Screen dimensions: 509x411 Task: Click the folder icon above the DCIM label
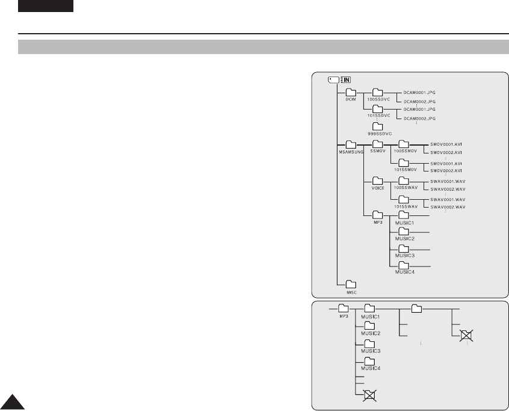coord(351,92)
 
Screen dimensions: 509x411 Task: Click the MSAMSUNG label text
coord(351,152)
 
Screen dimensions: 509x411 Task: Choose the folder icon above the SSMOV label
coord(377,144)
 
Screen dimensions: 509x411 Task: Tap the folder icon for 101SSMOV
coord(403,162)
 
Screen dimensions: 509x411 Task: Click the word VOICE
coord(377,188)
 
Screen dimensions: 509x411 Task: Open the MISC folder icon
coord(351,283)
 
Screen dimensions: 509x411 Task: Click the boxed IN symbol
coord(345,79)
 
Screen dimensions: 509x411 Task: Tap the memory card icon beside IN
coord(333,79)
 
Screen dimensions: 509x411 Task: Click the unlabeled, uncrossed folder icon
coord(416,309)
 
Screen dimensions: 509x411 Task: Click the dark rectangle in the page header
coord(45,6)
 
